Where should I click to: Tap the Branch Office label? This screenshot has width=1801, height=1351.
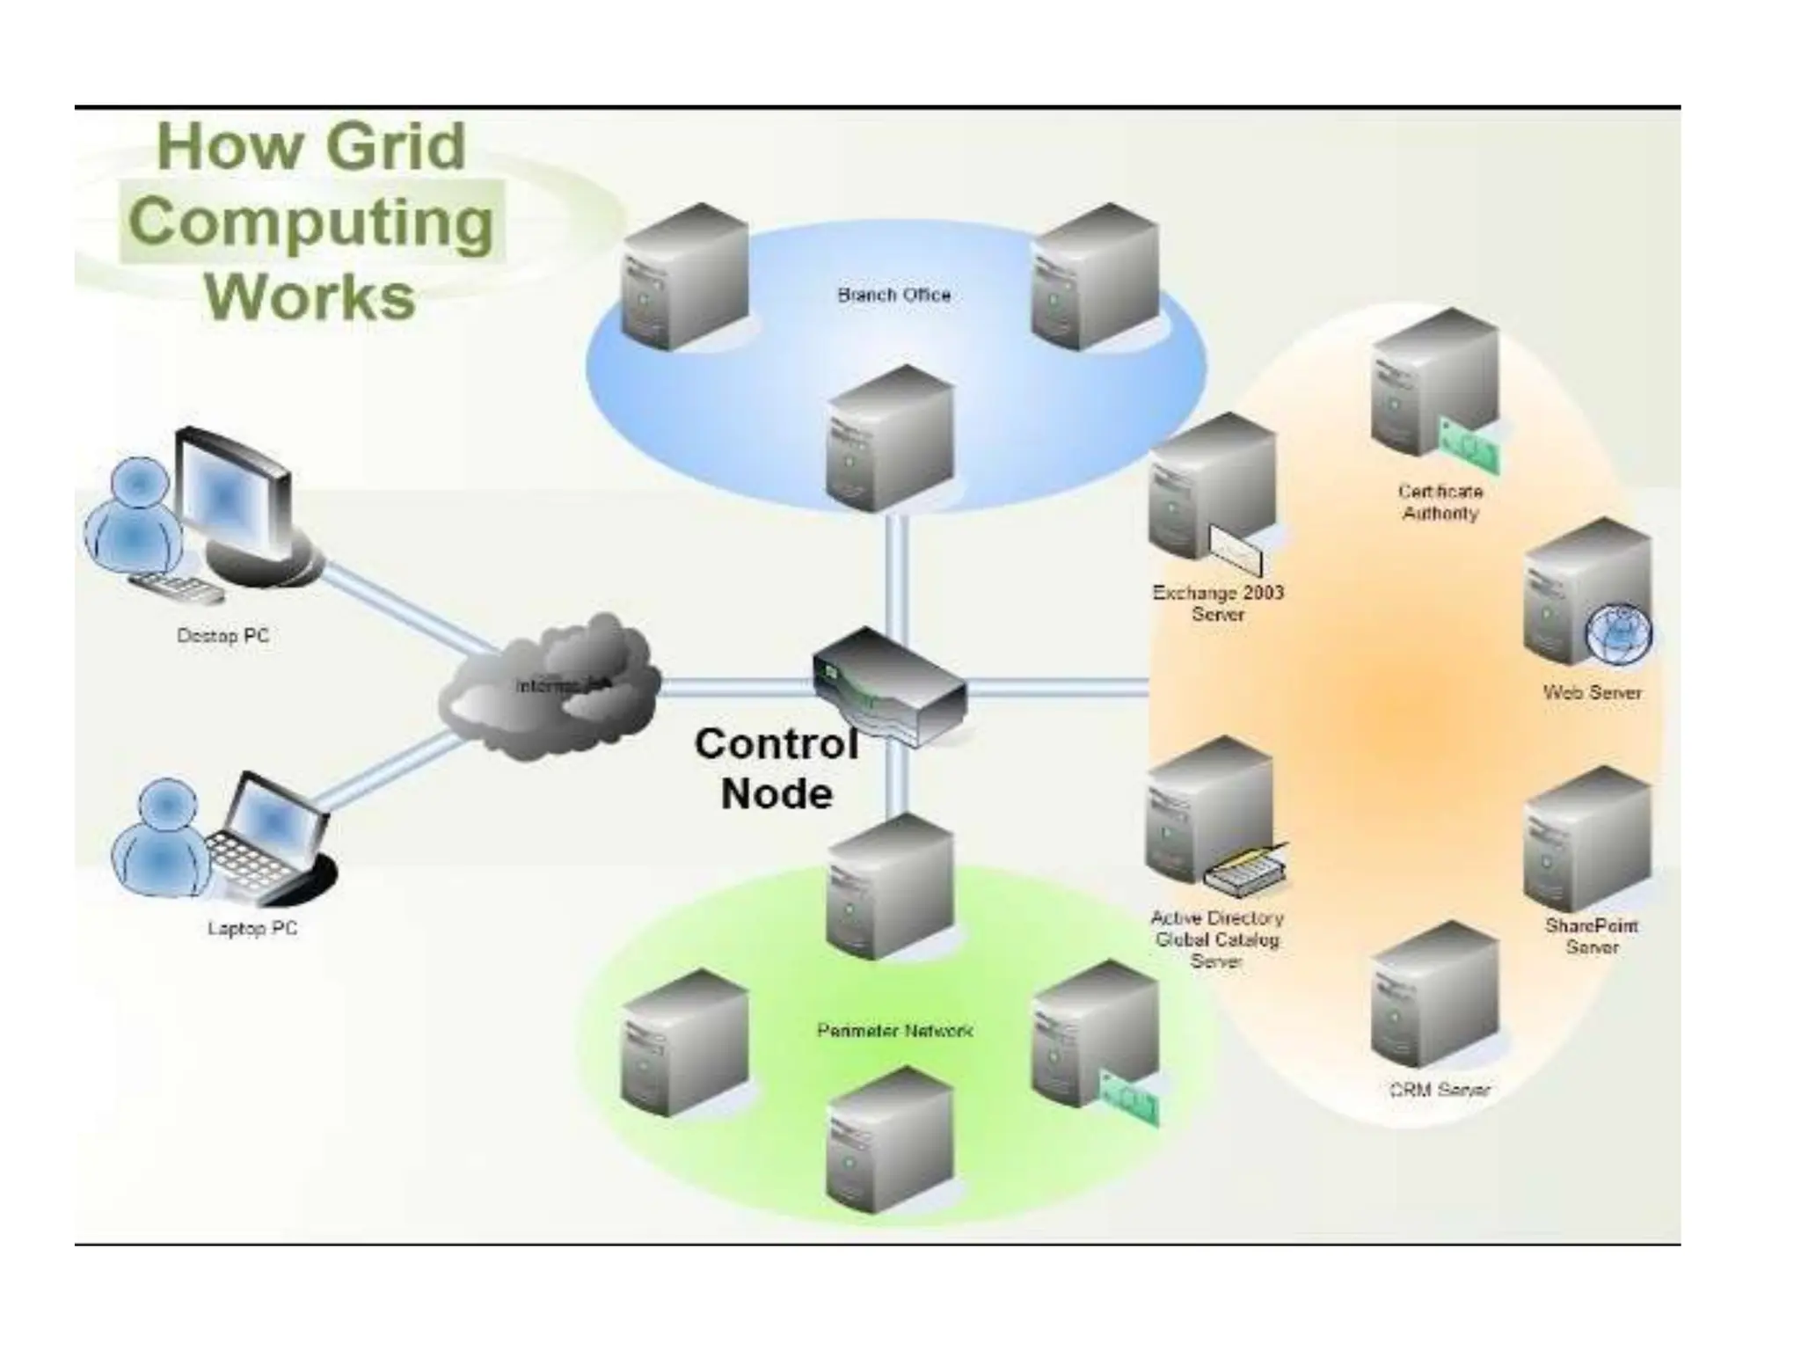[x=893, y=296]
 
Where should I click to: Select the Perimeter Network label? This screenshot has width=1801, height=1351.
[x=894, y=1030]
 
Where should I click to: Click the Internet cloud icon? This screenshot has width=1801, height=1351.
[x=550, y=686]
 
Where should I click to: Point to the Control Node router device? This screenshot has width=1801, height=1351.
[x=888, y=687]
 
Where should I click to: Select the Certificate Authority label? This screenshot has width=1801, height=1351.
[x=1440, y=502]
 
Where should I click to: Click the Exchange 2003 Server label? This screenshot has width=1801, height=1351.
[x=1218, y=603]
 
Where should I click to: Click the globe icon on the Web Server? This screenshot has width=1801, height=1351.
[x=1618, y=634]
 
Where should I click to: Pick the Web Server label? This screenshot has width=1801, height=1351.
[x=1592, y=693]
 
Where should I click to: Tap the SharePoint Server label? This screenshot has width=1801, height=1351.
[x=1592, y=936]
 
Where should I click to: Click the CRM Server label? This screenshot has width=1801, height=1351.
[x=1440, y=1090]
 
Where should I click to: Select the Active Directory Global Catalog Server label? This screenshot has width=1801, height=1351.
[x=1217, y=939]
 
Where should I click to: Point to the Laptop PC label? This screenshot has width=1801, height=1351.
[x=252, y=928]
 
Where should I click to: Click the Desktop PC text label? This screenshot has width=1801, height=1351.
[x=222, y=636]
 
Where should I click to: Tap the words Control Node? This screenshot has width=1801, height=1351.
[x=776, y=769]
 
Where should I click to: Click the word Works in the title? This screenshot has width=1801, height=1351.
[x=310, y=297]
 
